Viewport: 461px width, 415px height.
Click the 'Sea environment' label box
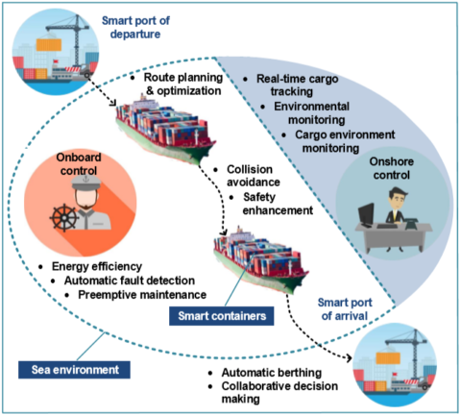73,368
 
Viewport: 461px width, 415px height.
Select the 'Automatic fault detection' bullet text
120,281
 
